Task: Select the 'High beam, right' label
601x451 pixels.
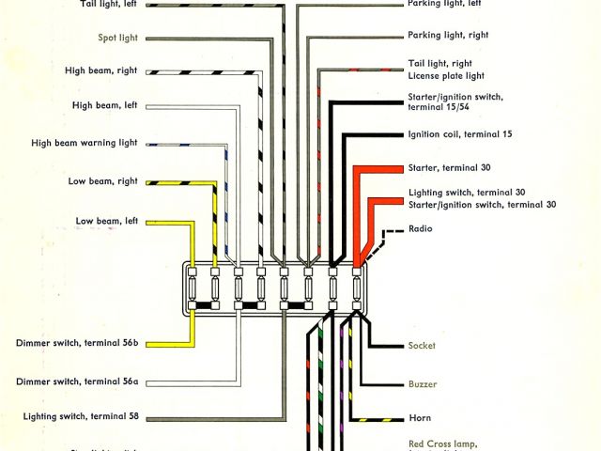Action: [x=101, y=70]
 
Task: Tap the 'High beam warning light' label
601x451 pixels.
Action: [x=85, y=144]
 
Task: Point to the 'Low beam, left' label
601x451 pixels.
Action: [x=107, y=221]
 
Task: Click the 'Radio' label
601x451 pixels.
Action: [x=420, y=228]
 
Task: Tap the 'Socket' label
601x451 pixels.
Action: [x=422, y=346]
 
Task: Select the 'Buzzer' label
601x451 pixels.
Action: [x=422, y=383]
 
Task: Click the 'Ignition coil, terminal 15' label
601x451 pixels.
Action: [x=460, y=134]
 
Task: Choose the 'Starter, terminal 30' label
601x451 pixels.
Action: [x=450, y=167]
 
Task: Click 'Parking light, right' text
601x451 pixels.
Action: [x=448, y=36]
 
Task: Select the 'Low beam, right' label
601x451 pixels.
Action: [x=103, y=180]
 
